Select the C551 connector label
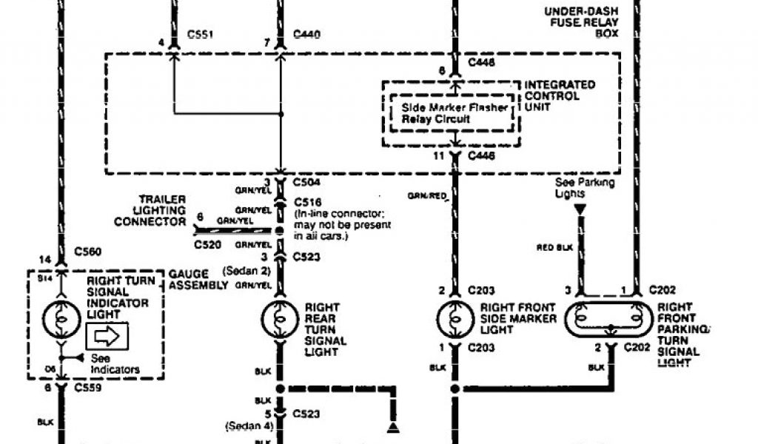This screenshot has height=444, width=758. coord(200,34)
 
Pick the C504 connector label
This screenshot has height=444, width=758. coord(306,181)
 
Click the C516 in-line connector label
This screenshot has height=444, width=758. coord(306,201)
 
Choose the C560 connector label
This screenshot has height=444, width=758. coord(89,251)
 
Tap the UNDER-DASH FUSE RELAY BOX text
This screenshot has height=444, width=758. coord(582,22)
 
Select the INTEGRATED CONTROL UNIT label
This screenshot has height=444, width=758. coord(559,96)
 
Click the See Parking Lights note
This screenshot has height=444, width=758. coord(580,187)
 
